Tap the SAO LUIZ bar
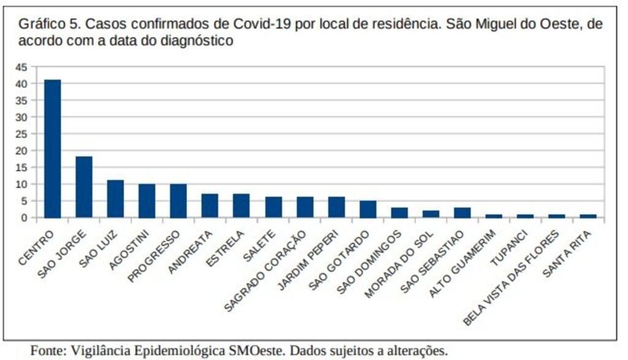(115, 199)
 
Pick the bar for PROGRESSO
(178, 201)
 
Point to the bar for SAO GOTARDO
(368, 209)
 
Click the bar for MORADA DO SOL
(431, 213)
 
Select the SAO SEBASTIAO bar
(462, 212)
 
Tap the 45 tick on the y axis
(22, 67)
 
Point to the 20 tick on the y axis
(22, 151)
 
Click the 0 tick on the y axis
(25, 218)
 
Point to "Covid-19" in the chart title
(258, 25)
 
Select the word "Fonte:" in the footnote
(47, 351)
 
